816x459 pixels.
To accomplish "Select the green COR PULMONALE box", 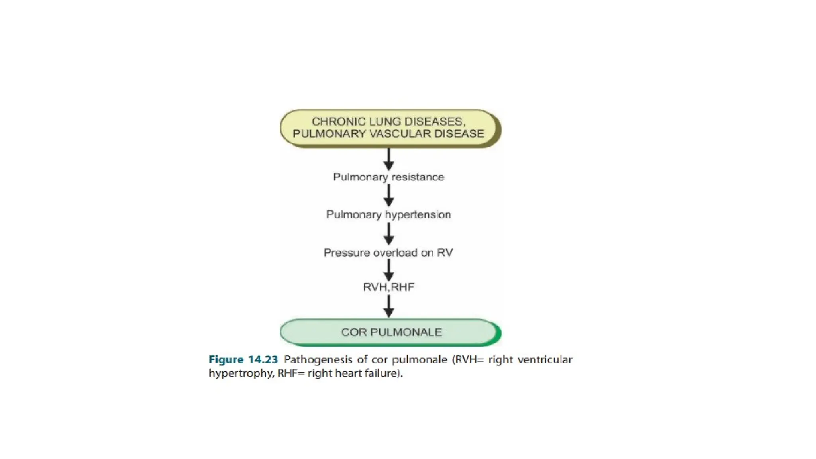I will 390,332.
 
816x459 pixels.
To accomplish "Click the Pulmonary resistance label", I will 388,177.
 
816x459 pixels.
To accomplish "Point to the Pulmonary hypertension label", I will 388,215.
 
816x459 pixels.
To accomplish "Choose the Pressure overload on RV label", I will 388,253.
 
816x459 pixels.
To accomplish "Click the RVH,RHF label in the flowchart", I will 388,287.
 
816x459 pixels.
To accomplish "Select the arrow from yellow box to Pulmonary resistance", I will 389,159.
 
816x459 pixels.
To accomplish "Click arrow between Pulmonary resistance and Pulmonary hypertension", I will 389,196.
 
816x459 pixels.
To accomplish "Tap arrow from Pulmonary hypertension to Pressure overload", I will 389,234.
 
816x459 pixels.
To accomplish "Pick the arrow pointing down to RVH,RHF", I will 389,270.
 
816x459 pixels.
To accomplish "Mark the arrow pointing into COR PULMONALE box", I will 389,306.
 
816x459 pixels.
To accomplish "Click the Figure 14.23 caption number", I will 243,360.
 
